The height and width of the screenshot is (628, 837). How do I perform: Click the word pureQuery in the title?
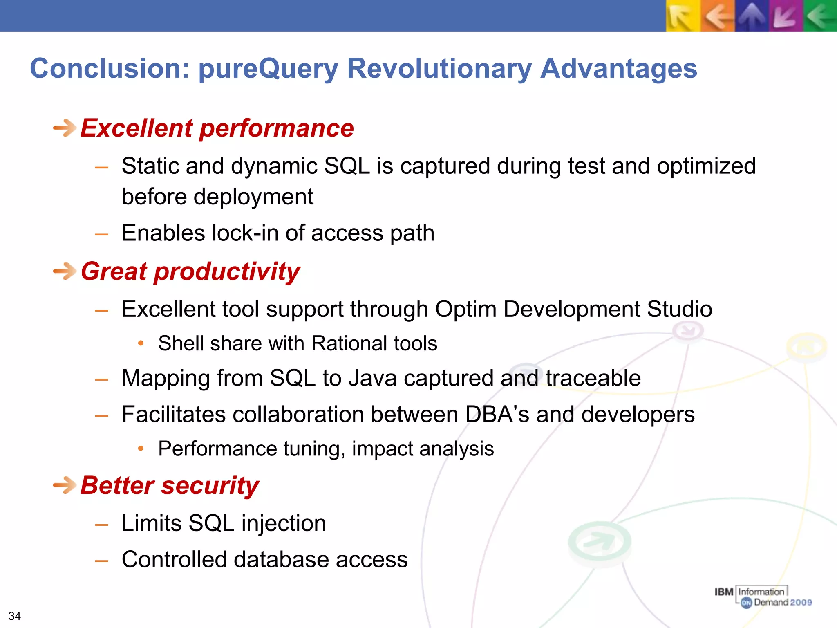(x=268, y=69)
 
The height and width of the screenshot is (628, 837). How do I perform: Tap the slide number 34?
(x=15, y=616)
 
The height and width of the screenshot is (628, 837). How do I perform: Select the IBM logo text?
(x=724, y=592)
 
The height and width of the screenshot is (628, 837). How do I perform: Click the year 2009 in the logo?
(x=801, y=602)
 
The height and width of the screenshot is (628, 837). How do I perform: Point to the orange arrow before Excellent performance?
(x=65, y=128)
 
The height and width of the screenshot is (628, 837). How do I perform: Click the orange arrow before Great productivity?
(x=65, y=271)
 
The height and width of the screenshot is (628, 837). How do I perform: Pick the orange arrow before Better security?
(x=65, y=485)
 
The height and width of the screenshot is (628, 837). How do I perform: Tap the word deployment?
(x=253, y=197)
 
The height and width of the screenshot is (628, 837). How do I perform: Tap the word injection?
(x=284, y=524)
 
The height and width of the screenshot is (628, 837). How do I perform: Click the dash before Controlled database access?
(x=101, y=561)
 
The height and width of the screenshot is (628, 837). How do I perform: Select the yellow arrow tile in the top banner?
(x=683, y=16)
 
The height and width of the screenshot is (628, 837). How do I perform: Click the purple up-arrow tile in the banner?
(x=752, y=16)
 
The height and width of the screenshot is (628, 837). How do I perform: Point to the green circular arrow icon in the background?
(x=599, y=542)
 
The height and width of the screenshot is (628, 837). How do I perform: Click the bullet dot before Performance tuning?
(x=141, y=449)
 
